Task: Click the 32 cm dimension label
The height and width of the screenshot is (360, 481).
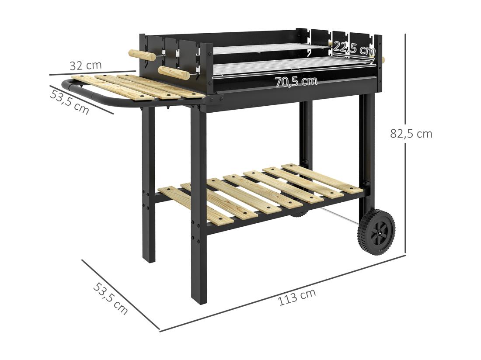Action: tap(86, 66)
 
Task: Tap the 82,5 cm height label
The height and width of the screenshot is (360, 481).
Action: tap(411, 134)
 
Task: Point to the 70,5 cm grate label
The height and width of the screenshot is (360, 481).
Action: tap(296, 81)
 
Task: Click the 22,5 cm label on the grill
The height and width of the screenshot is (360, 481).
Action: tap(354, 48)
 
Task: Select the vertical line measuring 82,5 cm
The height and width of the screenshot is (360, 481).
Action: tap(405, 144)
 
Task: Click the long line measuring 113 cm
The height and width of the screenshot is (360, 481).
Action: tap(284, 293)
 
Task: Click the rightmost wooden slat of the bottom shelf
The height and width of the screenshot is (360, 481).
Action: tap(322, 178)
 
